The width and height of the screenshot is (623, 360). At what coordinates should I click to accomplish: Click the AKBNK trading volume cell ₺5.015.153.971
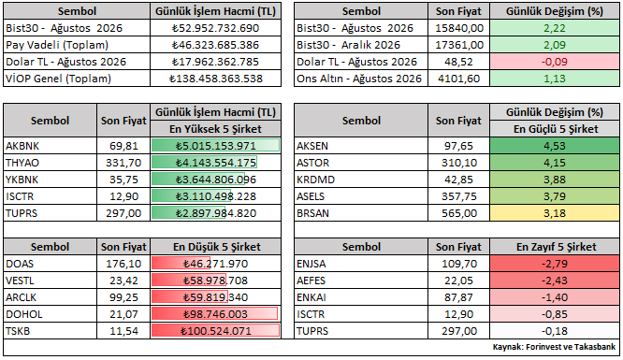[215, 146]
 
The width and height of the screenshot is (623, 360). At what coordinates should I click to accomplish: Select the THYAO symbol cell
[51, 163]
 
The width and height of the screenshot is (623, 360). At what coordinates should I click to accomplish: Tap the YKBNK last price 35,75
[123, 180]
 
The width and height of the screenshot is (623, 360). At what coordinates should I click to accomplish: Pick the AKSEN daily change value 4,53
[555, 146]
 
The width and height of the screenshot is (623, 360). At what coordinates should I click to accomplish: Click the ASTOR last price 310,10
[459, 163]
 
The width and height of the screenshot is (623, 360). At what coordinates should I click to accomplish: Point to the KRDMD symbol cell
[361, 180]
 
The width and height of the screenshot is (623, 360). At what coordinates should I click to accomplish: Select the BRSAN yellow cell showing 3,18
[555, 213]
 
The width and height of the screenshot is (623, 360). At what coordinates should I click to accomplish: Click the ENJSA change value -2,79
[555, 264]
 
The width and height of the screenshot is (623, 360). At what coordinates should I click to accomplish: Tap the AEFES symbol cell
[361, 281]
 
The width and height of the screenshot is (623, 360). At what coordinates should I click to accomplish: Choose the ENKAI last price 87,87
[459, 297]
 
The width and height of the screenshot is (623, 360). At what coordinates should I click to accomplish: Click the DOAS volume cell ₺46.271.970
[215, 264]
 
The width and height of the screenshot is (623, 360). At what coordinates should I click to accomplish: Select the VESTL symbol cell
[51, 281]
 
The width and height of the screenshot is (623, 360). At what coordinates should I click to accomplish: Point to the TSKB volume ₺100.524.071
[215, 331]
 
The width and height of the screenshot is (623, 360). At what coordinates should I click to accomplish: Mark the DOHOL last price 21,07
[123, 314]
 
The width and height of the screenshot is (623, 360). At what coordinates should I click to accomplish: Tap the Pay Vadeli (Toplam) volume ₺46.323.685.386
[215, 45]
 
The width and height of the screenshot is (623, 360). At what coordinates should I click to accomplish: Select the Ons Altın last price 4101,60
[459, 79]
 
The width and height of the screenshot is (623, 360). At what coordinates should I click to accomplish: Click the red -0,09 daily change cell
[555, 62]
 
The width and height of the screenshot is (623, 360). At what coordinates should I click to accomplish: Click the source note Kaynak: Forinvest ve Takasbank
[554, 347]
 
